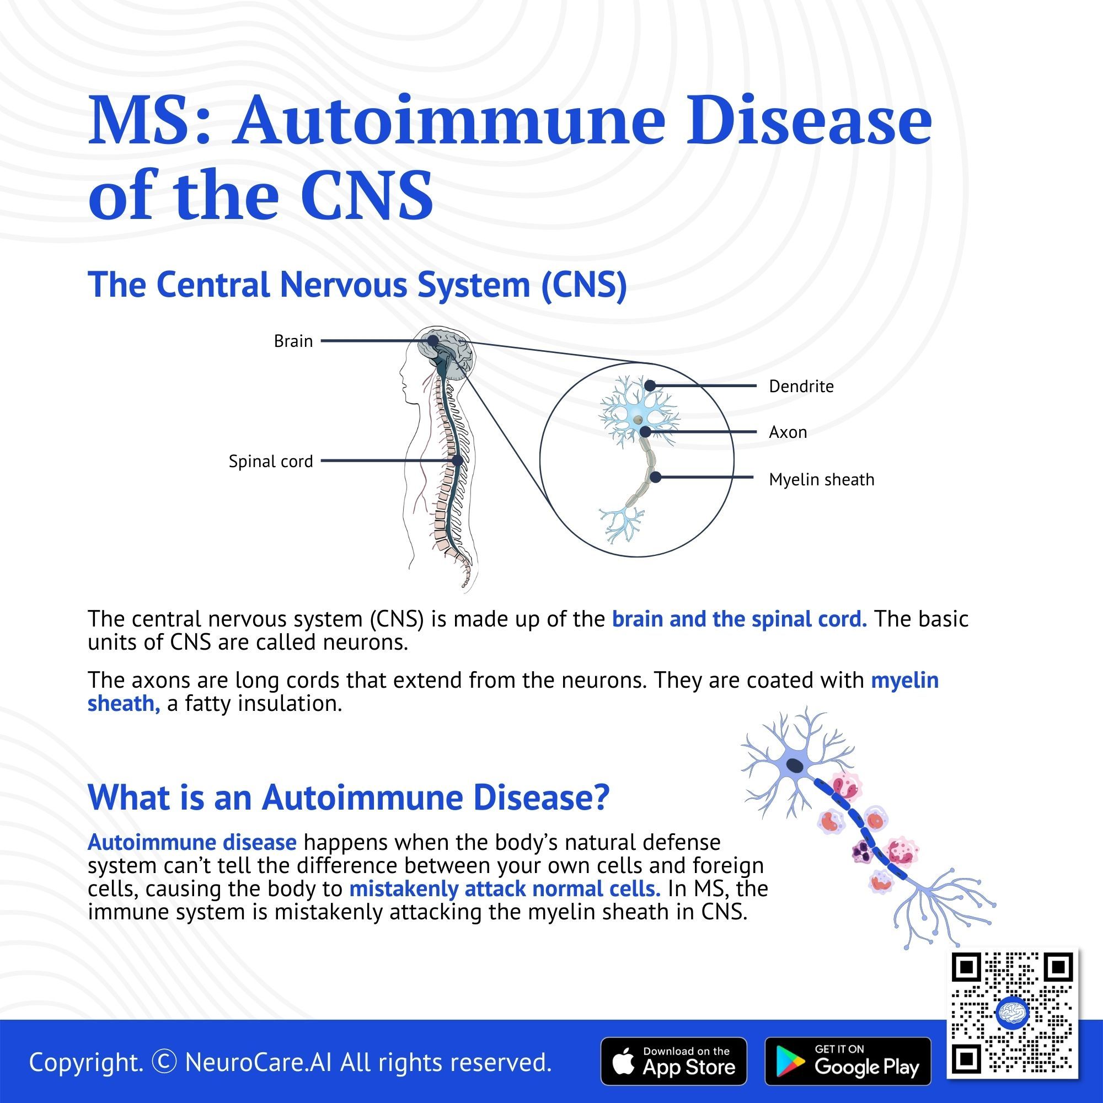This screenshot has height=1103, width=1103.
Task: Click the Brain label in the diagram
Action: tap(293, 341)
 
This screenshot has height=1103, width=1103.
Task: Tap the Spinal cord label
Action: tap(271, 461)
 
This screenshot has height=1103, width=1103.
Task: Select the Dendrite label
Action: tap(801, 387)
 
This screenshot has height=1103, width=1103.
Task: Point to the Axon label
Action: tap(788, 432)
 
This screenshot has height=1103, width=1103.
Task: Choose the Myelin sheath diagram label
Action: tap(822, 480)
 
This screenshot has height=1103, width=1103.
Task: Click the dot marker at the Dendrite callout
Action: tap(650, 386)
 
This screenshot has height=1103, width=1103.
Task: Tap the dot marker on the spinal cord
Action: tap(457, 460)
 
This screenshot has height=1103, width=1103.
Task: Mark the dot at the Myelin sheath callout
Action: tap(656, 476)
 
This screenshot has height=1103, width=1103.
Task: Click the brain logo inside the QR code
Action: tap(1011, 1013)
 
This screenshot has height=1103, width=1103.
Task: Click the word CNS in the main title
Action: tap(367, 195)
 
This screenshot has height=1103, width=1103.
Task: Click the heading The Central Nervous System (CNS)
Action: tap(357, 285)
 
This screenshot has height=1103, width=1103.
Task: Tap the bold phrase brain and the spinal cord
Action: tap(739, 619)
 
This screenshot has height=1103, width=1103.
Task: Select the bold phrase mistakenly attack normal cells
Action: tap(505, 889)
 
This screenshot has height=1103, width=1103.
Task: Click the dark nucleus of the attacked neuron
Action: tap(795, 765)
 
